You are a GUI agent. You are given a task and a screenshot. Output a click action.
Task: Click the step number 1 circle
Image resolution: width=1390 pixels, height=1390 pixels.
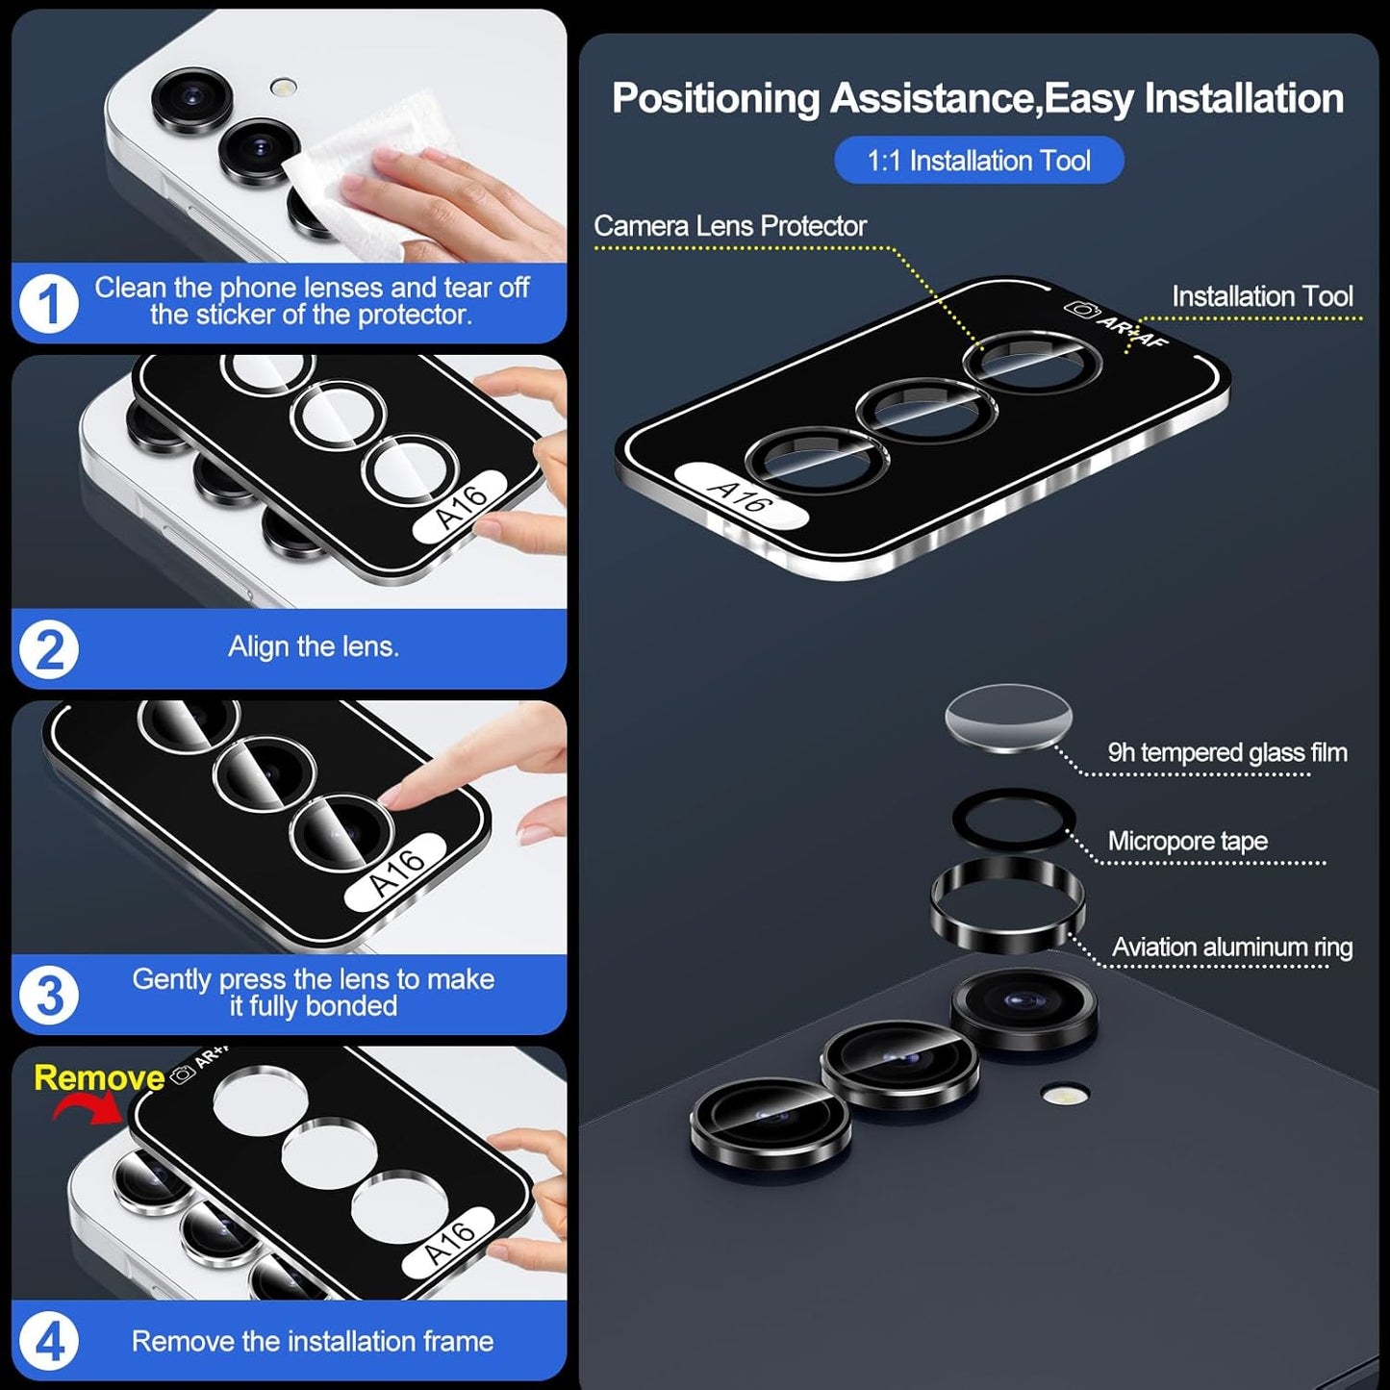[48, 304]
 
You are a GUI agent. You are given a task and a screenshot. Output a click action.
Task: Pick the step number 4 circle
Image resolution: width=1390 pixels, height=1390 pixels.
[48, 1341]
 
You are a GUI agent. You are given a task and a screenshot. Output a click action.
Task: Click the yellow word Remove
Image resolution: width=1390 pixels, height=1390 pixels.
[99, 1077]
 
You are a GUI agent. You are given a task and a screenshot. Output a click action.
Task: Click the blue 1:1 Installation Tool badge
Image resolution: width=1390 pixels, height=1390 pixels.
[978, 161]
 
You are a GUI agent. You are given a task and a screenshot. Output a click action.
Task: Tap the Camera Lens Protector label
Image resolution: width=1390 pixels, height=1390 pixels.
[729, 226]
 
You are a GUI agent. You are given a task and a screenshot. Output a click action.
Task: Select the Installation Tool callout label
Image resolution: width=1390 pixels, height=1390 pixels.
[1261, 296]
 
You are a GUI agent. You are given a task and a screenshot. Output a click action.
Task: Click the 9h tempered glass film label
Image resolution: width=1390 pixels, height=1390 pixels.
[1226, 752]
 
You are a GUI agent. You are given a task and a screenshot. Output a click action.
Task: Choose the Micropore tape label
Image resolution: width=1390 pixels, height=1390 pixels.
[1187, 841]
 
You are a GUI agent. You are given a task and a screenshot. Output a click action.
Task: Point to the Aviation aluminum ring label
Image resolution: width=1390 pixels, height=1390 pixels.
[1231, 948]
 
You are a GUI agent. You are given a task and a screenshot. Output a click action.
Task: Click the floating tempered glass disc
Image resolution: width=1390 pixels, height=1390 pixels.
[1008, 717]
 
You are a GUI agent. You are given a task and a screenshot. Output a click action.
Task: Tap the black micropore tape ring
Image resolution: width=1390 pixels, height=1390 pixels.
[1012, 818]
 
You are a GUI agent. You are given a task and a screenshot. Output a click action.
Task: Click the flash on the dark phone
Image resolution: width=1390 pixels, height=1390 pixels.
[1064, 1094]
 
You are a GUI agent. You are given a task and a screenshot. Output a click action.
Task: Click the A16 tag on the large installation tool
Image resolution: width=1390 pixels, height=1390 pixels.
[741, 495]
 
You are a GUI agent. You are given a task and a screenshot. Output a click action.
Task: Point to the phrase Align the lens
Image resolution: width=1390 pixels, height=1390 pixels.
[313, 646]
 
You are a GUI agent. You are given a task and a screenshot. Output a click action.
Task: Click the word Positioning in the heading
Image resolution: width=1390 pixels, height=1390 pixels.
[716, 99]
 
